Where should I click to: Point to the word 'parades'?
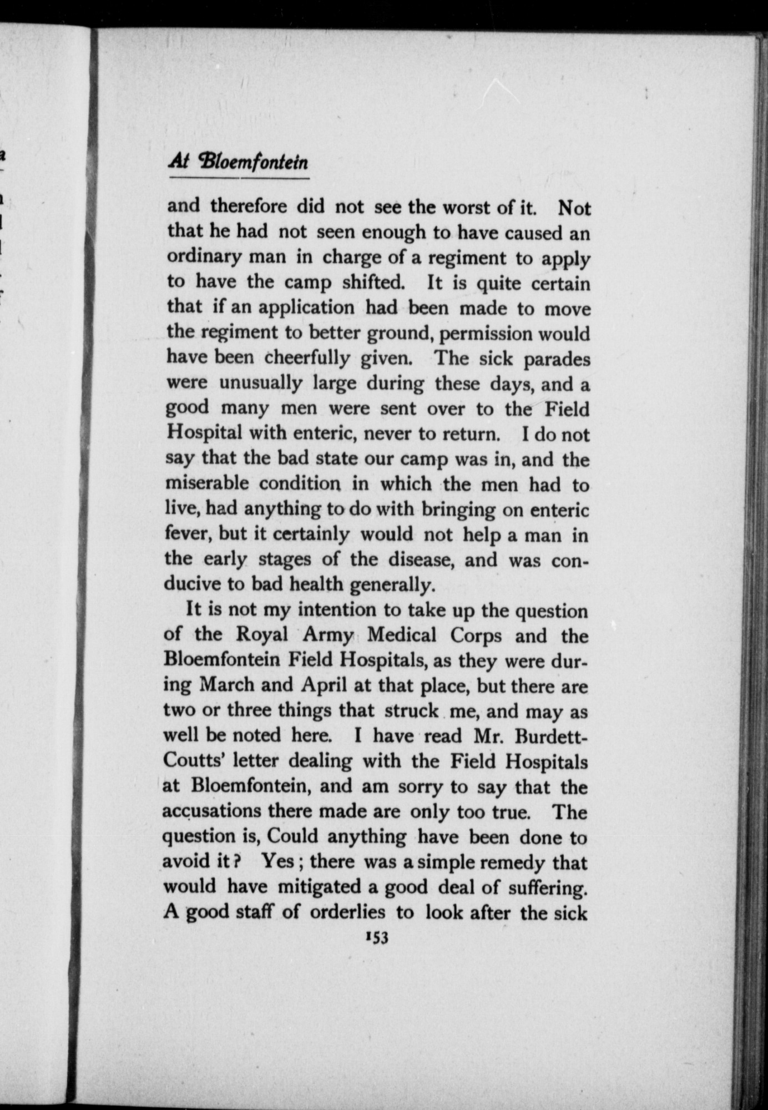tap(557, 359)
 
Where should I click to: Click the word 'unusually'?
tap(261, 384)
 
